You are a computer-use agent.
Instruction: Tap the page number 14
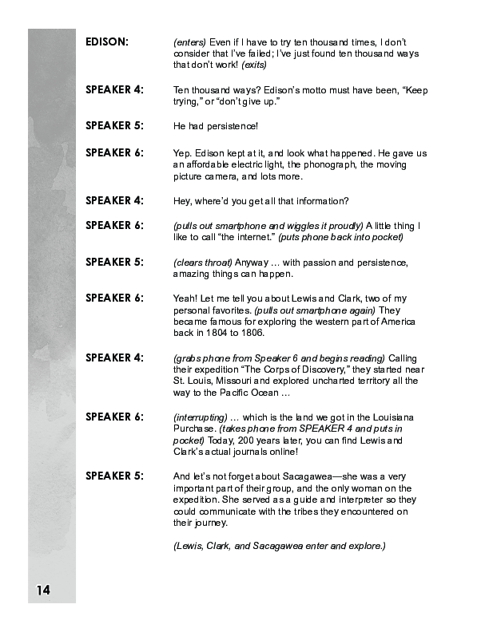[x=43, y=590]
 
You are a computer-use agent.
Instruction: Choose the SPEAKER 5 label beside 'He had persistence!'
[x=115, y=126]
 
